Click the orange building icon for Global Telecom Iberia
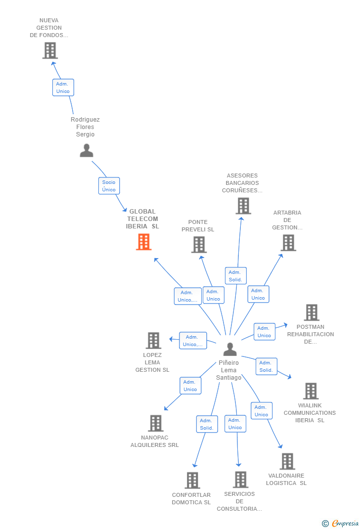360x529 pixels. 143,242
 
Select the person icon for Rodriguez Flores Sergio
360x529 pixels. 87,150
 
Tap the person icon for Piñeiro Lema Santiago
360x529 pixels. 229,349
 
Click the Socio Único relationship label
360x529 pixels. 109,186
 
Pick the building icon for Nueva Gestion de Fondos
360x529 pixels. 50,50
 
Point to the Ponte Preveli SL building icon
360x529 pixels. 199,244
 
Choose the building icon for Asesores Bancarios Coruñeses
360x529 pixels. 243,206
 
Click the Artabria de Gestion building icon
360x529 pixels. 288,243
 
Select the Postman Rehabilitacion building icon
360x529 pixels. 312,312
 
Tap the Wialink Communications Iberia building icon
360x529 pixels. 311,391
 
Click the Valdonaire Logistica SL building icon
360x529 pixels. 287,461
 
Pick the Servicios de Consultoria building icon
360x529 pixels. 240,479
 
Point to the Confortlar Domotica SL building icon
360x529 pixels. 192,480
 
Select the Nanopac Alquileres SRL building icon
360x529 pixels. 156,423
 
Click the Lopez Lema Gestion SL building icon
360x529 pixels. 153,340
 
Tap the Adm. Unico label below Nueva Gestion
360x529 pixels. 63,88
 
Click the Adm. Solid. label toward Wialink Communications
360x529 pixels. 266,366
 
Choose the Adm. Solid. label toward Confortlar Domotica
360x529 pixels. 207,424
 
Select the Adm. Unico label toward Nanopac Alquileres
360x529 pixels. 190,386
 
